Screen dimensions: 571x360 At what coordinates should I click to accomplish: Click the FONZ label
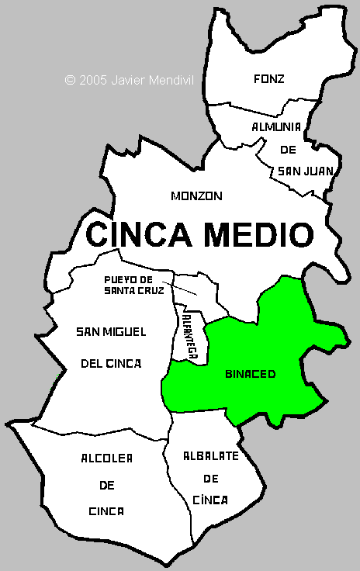pyautogui.click(x=269, y=78)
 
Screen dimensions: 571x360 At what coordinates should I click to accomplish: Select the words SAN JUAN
pyautogui.click(x=301, y=170)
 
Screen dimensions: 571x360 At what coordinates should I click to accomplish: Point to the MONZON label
pyautogui.click(x=196, y=196)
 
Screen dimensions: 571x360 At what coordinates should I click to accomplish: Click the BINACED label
pyautogui.click(x=250, y=374)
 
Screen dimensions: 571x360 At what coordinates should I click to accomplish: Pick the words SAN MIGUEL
pyautogui.click(x=111, y=332)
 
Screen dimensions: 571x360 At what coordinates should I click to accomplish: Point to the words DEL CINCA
pyautogui.click(x=111, y=362)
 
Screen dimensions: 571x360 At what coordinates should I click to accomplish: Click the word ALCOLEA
pyautogui.click(x=106, y=459)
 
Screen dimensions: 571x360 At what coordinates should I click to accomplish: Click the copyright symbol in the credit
pyautogui.click(x=70, y=79)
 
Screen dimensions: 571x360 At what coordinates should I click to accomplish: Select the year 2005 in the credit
pyautogui.click(x=93, y=79)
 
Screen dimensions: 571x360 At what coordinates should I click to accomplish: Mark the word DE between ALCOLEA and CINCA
pyautogui.click(x=106, y=485)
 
